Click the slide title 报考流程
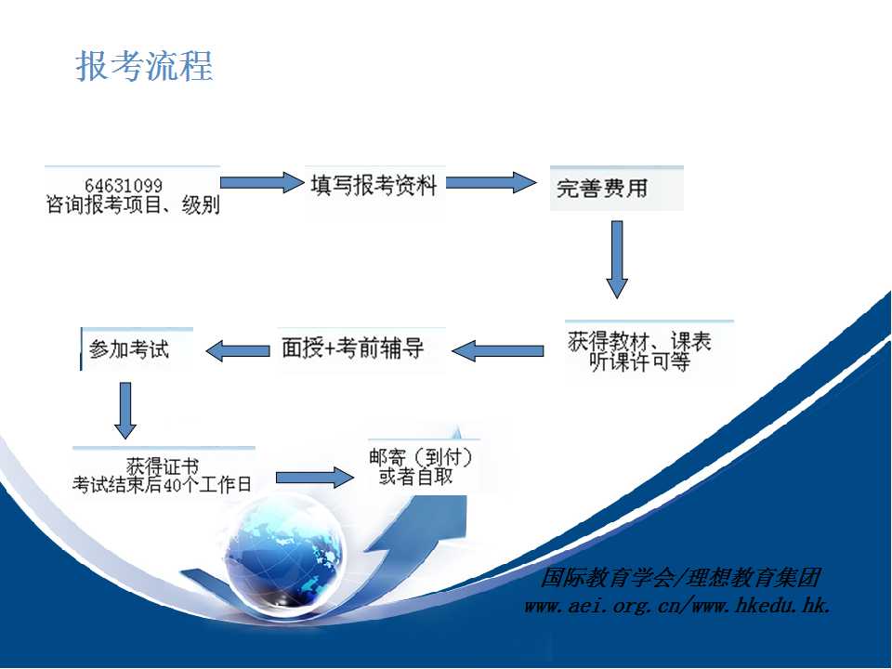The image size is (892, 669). (145, 66)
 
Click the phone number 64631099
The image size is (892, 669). (124, 186)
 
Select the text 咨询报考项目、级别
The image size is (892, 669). (133, 204)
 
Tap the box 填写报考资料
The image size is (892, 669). (374, 186)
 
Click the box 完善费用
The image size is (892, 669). (617, 189)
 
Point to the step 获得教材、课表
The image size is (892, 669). (639, 341)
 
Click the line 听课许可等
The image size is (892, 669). (640, 361)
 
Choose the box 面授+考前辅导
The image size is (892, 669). (361, 349)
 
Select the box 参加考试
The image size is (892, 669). (138, 349)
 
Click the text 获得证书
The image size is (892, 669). (162, 466)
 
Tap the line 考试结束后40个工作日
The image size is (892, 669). (162, 485)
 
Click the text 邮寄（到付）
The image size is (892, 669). (420, 457)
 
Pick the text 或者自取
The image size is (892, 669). (416, 477)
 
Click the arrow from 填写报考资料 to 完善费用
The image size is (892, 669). (491, 183)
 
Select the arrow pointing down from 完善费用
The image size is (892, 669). (617, 259)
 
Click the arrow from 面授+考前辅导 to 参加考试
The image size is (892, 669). (238, 350)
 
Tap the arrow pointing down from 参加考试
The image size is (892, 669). (125, 410)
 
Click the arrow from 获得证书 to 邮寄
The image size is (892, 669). (315, 478)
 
